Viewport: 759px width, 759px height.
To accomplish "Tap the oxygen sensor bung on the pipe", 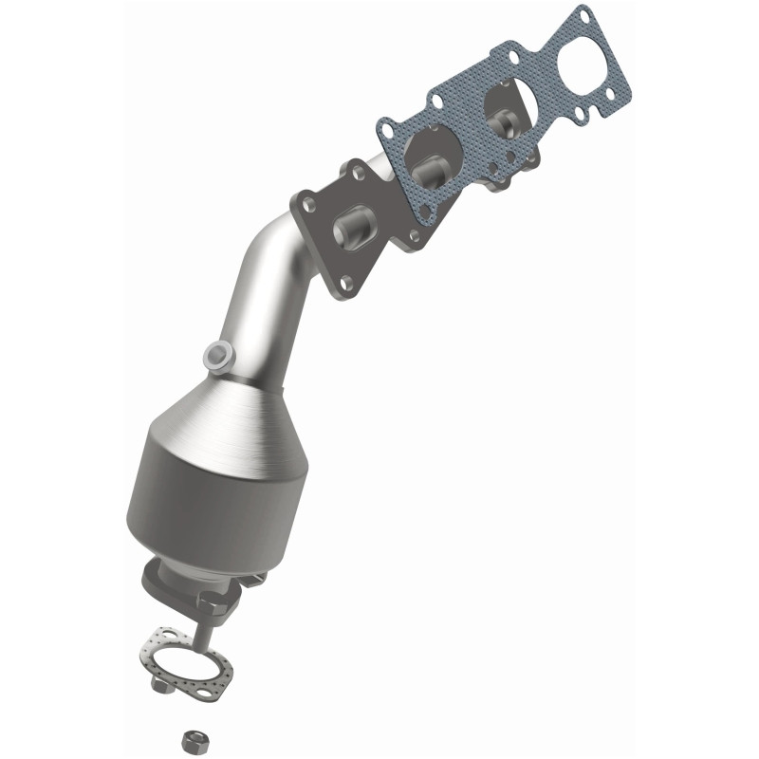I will click(217, 355).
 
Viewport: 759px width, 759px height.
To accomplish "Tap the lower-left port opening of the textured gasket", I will click(427, 157).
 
